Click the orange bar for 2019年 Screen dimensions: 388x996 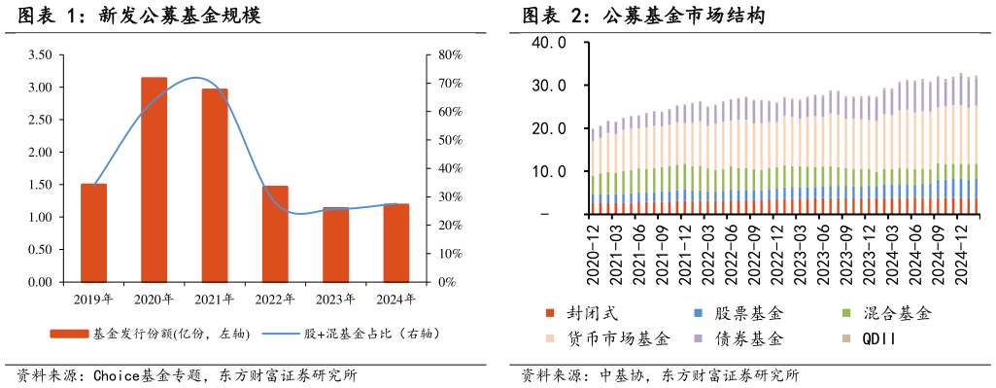(94, 233)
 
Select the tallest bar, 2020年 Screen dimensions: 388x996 (154, 180)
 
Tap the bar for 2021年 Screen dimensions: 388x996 (215, 186)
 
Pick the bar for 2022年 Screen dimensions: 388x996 (275, 234)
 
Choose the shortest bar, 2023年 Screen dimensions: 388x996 (335, 245)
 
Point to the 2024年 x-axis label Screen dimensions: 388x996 (395, 299)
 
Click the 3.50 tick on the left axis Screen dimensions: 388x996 (40, 55)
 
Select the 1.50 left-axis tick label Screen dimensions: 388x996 (40, 185)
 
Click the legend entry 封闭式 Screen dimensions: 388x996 (591, 314)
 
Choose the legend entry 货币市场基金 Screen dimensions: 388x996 (618, 338)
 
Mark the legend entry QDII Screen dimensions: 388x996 (880, 338)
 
